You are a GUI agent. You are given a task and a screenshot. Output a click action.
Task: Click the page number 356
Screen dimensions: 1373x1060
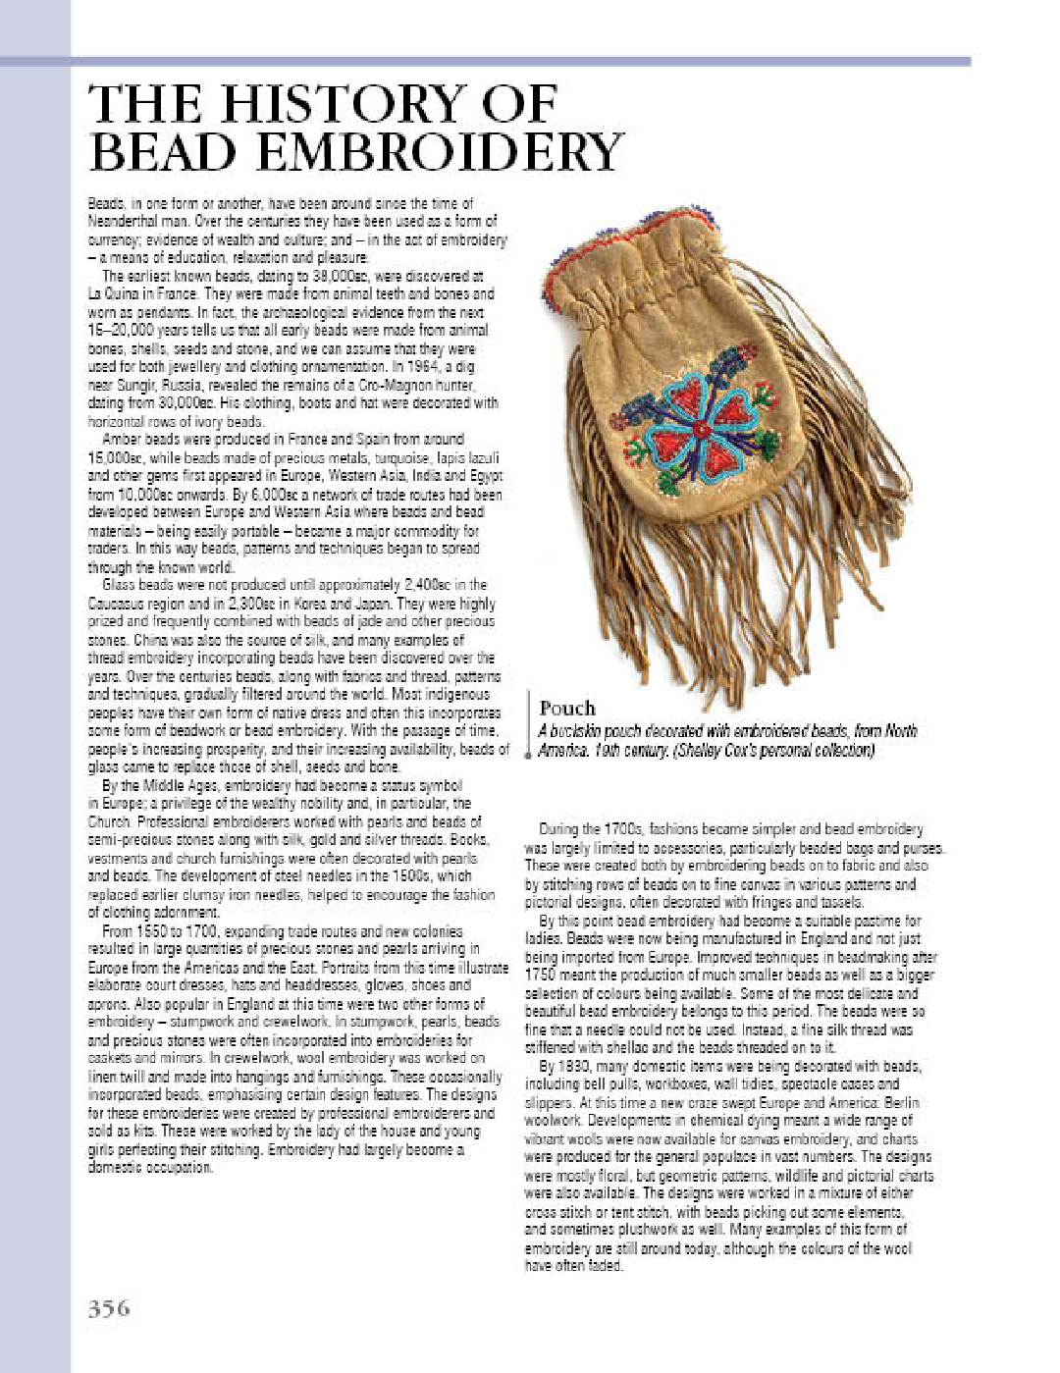109,1308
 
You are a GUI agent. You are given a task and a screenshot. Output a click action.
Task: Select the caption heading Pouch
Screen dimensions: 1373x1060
567,708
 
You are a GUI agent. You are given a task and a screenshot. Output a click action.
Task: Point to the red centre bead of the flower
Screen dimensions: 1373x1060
700,430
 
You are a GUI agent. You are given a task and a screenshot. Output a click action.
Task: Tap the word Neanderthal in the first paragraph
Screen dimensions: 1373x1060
122,221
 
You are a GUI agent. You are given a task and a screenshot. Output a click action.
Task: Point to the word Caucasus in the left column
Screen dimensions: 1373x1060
117,604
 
